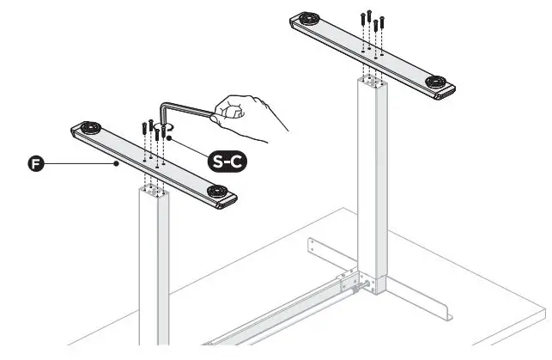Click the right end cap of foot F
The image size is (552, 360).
pyautogui.click(x=231, y=202)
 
